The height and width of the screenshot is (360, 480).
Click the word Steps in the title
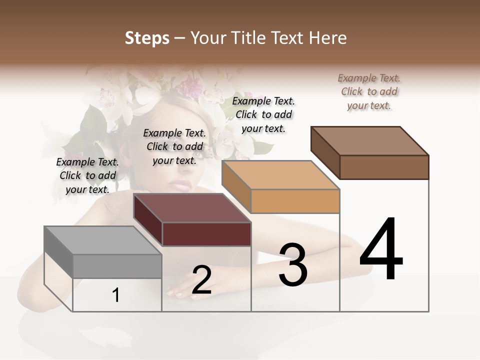click(146, 38)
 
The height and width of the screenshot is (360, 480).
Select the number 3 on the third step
click(293, 264)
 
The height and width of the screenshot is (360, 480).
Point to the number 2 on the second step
click(201, 279)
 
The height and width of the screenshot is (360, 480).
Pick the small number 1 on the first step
click(116, 295)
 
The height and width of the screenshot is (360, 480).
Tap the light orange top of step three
click(280, 175)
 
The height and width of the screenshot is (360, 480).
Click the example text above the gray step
click(87, 175)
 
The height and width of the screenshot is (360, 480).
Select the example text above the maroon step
click(174, 146)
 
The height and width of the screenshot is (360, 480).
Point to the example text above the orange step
click(263, 114)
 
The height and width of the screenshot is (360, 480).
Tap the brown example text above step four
click(369, 91)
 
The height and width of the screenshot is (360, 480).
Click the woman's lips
click(181, 185)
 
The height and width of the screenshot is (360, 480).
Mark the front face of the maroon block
click(206, 234)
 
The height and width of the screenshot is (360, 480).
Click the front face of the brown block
click(384, 167)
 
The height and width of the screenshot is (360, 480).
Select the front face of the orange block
click(295, 201)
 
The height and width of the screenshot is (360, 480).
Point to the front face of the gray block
click(117, 266)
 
